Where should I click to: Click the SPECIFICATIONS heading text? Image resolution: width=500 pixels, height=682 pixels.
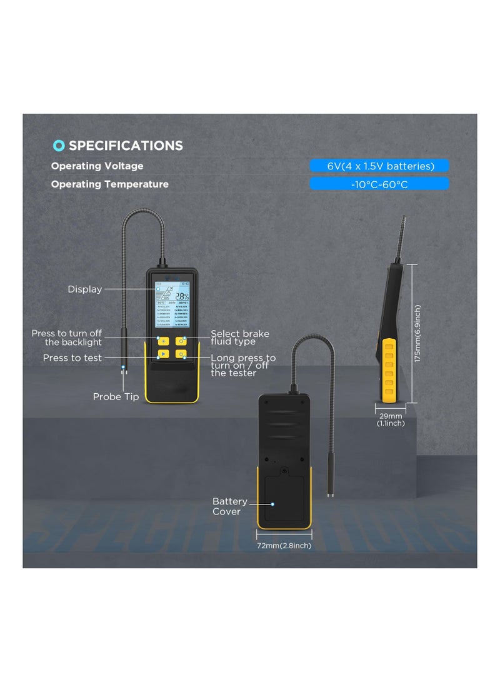click(126, 146)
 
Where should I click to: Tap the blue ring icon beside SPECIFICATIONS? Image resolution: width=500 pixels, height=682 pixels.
click(59, 146)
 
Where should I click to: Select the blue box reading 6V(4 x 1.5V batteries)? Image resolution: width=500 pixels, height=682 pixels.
click(379, 166)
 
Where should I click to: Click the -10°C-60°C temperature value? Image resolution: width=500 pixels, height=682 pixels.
click(379, 184)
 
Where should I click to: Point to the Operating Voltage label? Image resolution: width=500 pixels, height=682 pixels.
click(97, 166)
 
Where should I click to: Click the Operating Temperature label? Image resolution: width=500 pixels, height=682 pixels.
click(109, 184)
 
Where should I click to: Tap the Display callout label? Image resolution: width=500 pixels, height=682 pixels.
click(85, 289)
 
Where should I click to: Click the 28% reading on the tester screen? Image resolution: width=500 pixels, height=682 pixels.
click(182, 297)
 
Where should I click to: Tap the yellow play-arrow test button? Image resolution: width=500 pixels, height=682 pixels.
click(163, 354)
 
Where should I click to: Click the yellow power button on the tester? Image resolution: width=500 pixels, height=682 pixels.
click(181, 354)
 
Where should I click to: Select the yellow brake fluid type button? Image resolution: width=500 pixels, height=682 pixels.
click(181, 341)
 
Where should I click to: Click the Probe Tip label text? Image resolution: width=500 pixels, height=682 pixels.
click(116, 396)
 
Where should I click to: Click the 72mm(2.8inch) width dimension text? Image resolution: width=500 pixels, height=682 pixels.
click(284, 546)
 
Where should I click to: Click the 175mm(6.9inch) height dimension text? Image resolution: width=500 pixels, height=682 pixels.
click(417, 333)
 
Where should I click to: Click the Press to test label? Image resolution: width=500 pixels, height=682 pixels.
click(72, 358)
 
